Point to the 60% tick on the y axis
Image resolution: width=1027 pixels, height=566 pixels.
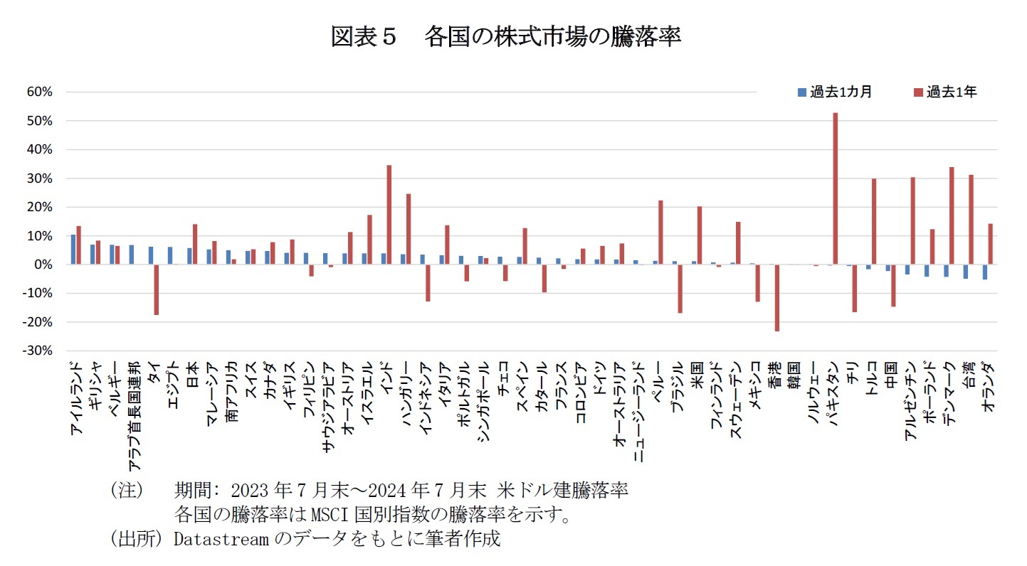tap(41, 92)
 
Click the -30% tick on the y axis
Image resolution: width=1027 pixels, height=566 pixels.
tap(39, 351)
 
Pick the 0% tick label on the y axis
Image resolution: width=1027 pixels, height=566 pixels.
tap(44, 265)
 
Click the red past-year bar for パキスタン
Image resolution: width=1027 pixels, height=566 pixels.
tap(835, 188)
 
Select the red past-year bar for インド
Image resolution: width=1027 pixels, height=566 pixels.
tap(389, 215)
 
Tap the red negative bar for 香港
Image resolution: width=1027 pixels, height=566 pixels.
tap(777, 297)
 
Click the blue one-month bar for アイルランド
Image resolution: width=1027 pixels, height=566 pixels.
tap(73, 250)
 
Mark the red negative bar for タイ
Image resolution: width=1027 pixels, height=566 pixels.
tap(156, 289)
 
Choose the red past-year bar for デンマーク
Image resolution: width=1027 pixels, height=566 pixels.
tap(952, 215)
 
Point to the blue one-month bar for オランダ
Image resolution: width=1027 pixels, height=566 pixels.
tap(984, 272)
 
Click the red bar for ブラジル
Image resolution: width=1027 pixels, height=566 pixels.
tap(680, 289)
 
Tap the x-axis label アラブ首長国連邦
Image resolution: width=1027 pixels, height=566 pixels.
tap(133, 405)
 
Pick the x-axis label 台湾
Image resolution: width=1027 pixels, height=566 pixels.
tap(969, 372)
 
